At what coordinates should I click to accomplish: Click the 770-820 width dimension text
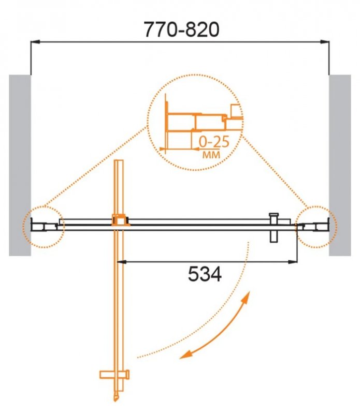pos(178,29)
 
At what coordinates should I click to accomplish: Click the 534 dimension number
pos(203,274)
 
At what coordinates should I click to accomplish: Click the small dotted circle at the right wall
pos(316,226)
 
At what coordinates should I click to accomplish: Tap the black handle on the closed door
pos(274,227)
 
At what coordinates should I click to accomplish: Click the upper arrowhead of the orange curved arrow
pos(248,297)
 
